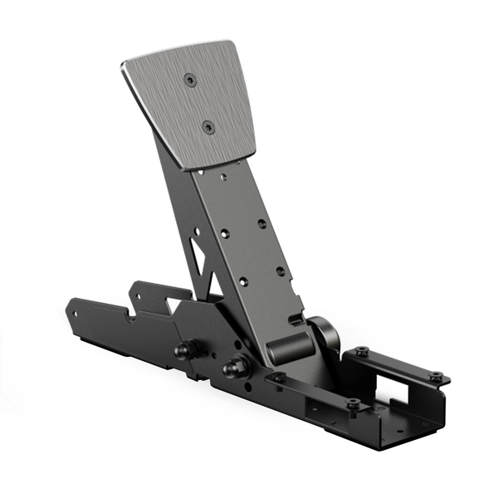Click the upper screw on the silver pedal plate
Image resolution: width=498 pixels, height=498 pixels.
tap(191, 80)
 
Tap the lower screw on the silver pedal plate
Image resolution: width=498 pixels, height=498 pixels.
tap(207, 128)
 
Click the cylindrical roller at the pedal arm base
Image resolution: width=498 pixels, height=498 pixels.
tap(286, 349)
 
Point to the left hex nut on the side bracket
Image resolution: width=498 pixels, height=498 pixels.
tap(182, 350)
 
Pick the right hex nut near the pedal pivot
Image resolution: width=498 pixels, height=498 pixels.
tap(235, 365)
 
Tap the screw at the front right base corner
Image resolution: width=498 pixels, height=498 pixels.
tap(354, 404)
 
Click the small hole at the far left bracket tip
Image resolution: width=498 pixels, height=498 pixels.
tap(78, 315)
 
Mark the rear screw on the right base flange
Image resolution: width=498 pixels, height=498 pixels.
tap(363, 353)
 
